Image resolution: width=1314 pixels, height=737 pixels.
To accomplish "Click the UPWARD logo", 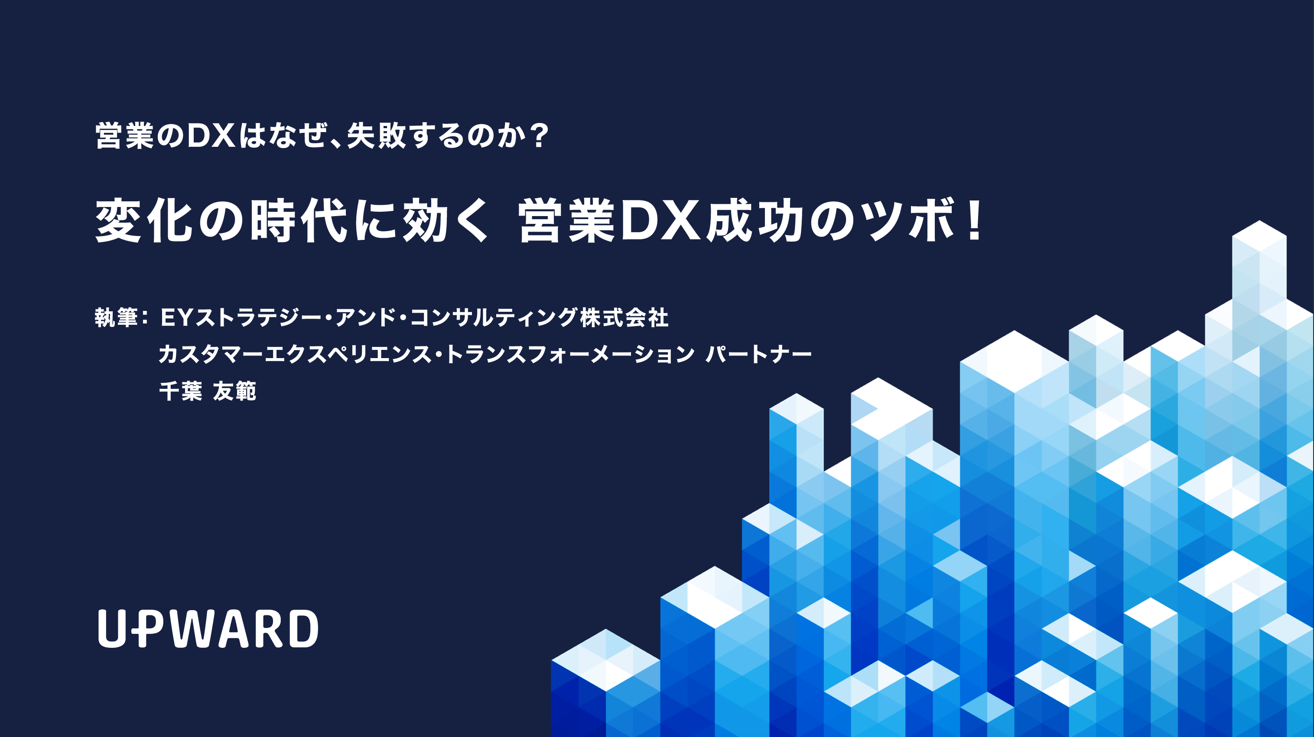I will point(208,628).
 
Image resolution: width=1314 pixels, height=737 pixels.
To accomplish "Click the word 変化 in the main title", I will point(144,220).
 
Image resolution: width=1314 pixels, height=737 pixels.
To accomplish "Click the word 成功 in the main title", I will point(755,220).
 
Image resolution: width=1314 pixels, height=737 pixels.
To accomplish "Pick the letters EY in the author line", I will point(176,317).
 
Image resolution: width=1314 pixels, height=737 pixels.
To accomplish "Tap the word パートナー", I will point(758,354).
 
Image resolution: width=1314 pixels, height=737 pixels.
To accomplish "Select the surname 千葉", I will point(181,391).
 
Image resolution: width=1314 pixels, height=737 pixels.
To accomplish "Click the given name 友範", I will point(234,391).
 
